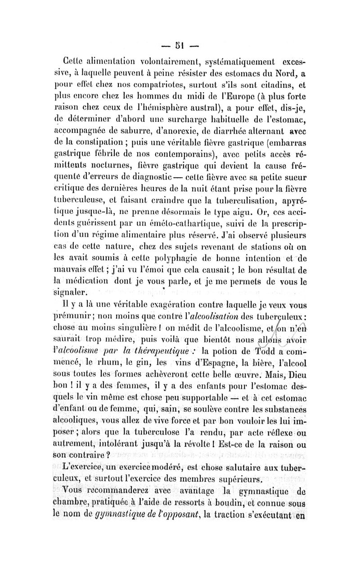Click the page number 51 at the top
[180, 45]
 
